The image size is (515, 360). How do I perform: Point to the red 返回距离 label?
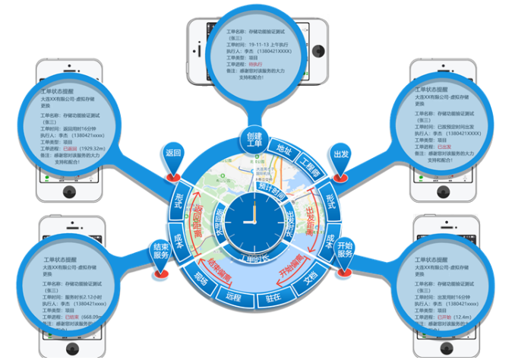[199, 216]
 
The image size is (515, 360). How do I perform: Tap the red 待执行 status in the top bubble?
[269, 66]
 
